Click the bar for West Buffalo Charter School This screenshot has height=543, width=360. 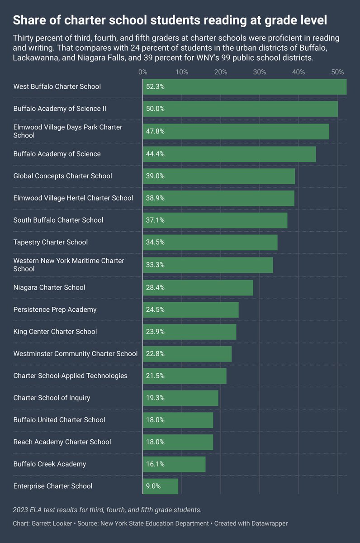click(x=245, y=86)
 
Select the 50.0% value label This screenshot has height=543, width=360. click(x=155, y=109)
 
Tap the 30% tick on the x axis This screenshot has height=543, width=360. click(x=259, y=72)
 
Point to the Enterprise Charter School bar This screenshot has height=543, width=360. click(x=161, y=486)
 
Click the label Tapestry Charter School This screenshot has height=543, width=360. click(x=50, y=242)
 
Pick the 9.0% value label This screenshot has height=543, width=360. click(x=153, y=486)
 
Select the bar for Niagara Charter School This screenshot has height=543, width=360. click(x=198, y=287)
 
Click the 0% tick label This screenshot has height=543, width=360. click(x=142, y=72)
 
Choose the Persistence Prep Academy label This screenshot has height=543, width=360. click(x=55, y=310)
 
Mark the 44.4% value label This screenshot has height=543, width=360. click(x=155, y=154)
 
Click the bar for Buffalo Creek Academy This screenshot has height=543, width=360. click(x=174, y=464)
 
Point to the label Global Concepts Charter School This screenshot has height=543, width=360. click(x=62, y=176)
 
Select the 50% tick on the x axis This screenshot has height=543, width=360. click(x=337, y=72)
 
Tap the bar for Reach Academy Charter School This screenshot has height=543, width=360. click(x=178, y=442)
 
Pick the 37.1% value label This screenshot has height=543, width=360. click(x=155, y=220)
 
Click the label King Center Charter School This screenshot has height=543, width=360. click(x=55, y=332)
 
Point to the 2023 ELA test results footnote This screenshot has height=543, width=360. click(x=107, y=510)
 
